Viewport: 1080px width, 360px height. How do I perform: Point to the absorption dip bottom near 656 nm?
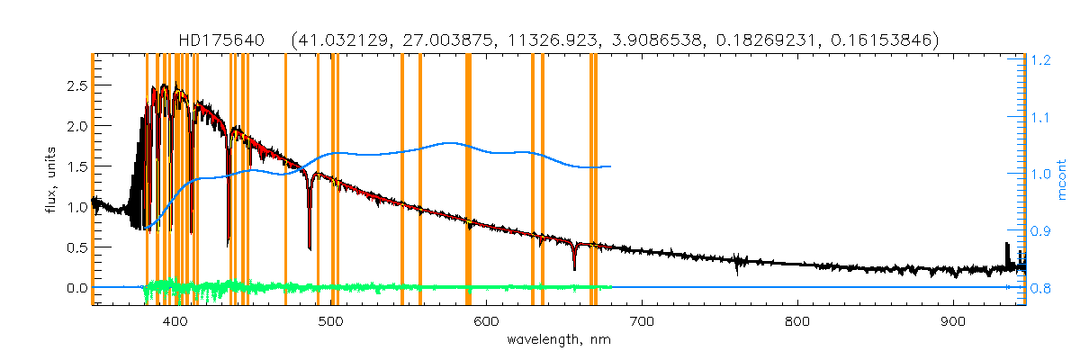(x=574, y=268)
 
